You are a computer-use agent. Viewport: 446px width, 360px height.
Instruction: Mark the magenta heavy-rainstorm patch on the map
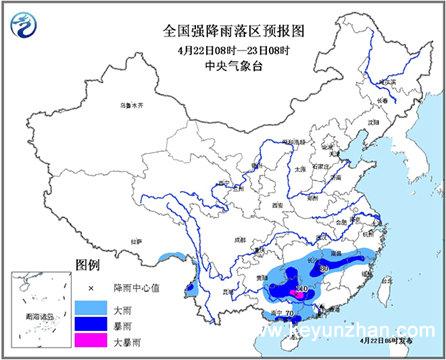click(x=301, y=294)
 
